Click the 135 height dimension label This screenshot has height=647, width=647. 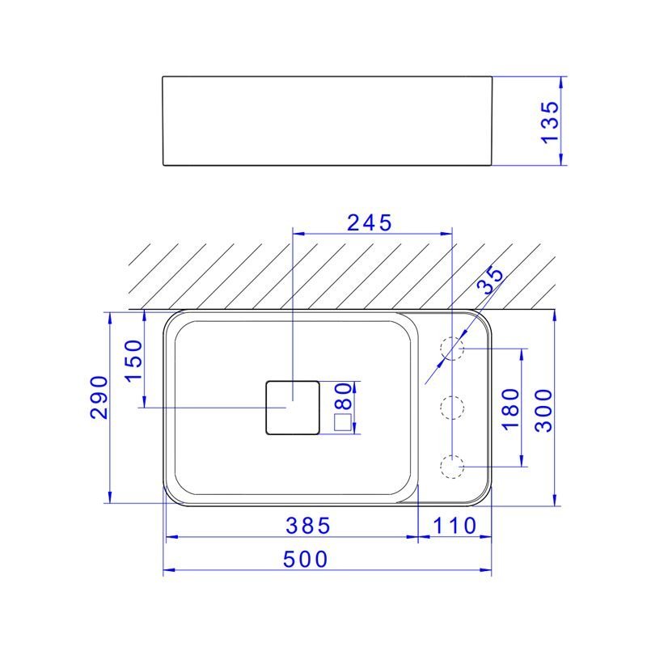click(x=550, y=121)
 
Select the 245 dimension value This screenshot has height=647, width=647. click(x=370, y=222)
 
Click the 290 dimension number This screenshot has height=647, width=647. click(x=99, y=396)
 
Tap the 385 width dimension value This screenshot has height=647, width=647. click(x=308, y=526)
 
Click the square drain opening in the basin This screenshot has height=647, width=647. click(x=293, y=407)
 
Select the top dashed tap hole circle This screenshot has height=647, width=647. click(x=451, y=349)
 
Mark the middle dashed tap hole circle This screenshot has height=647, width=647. click(x=451, y=407)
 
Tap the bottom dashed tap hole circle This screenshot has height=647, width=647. click(x=451, y=466)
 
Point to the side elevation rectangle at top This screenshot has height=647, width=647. click(x=327, y=121)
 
